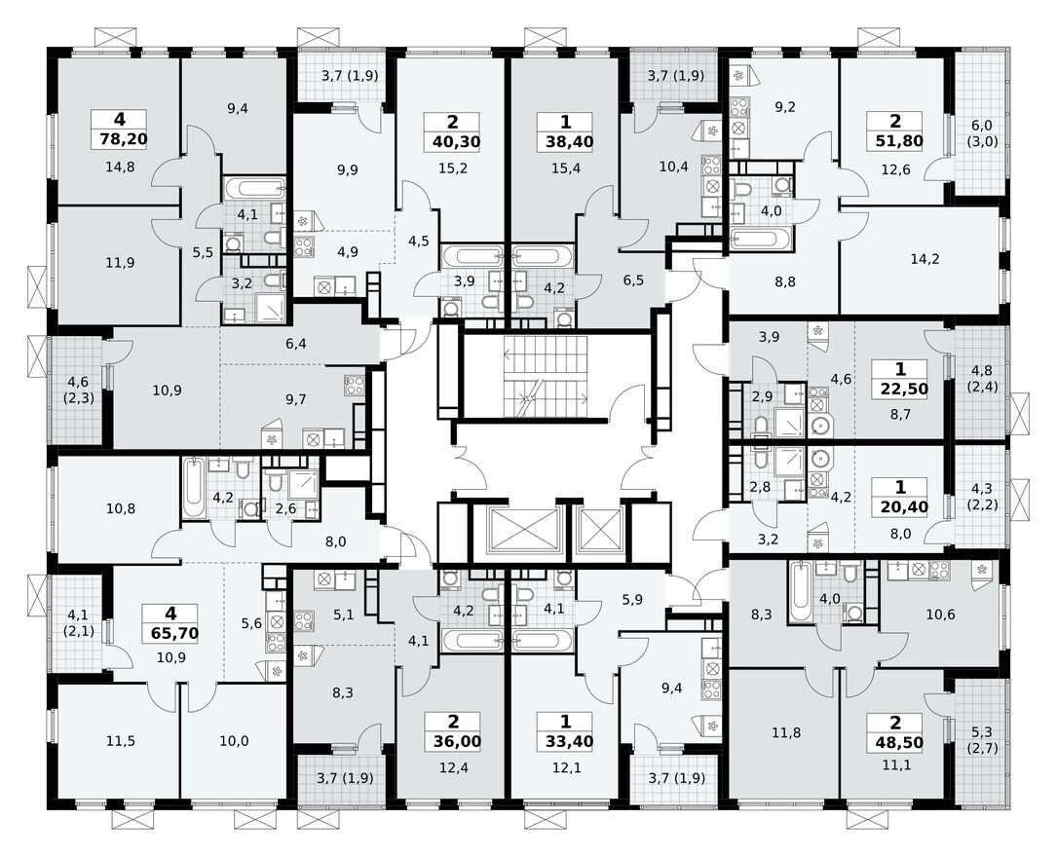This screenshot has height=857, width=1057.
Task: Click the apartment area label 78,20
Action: tap(118, 139)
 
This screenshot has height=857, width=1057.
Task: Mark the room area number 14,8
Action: tap(119, 167)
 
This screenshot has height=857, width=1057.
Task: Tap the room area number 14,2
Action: tap(919, 259)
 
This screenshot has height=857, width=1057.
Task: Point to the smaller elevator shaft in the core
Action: tap(601, 531)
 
